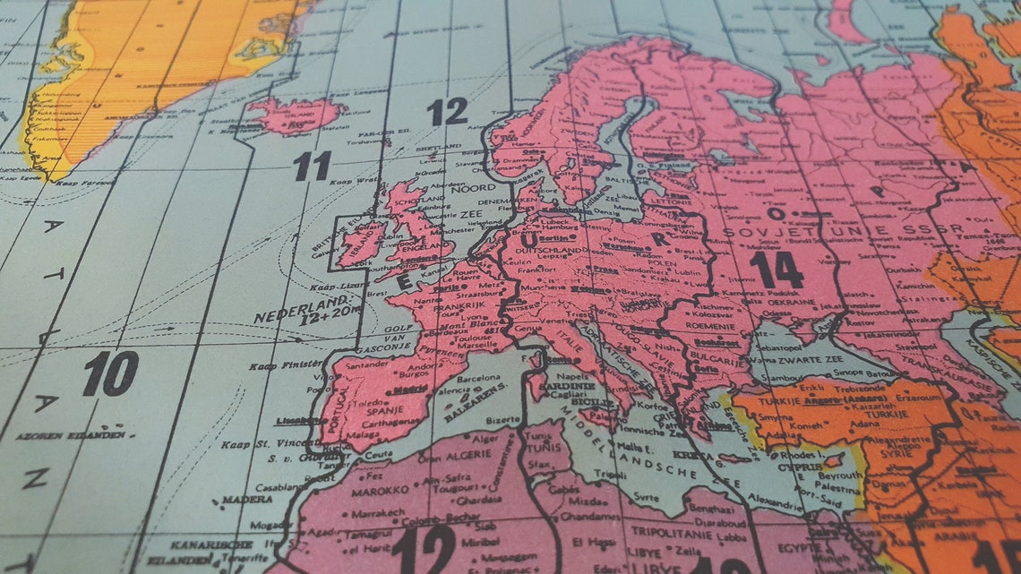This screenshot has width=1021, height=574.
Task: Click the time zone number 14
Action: coord(776,270)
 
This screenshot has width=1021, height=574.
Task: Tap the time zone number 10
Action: coord(111,373)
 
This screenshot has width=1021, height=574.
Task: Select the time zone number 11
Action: coord(312,166)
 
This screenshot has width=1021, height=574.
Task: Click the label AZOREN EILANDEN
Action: coord(70,435)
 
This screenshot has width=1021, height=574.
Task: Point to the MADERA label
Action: coord(247,499)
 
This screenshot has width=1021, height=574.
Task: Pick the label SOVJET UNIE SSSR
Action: coord(843,231)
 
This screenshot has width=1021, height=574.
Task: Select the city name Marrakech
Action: coord(371,513)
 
